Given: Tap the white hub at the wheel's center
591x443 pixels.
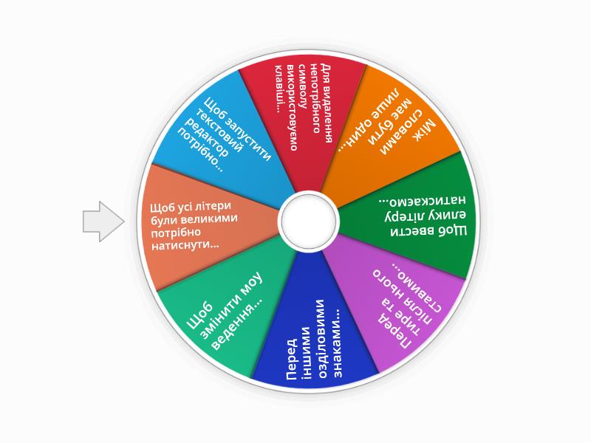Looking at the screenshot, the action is point(308,221).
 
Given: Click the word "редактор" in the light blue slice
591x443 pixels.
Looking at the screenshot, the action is point(207,137).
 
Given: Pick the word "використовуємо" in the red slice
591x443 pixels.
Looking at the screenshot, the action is point(292,107).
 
